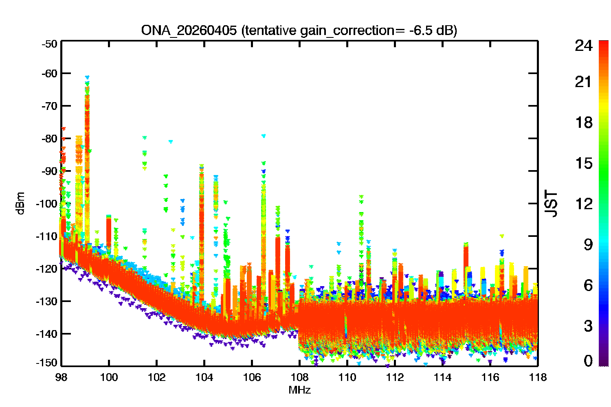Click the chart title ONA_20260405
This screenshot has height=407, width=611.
[x=189, y=31]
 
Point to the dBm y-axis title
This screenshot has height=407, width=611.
[x=20, y=203]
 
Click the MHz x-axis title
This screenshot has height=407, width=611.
[x=299, y=390]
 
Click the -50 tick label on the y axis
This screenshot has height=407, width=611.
[x=49, y=44]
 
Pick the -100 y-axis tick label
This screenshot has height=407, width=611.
[x=47, y=203]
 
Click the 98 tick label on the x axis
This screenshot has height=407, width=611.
[x=61, y=377]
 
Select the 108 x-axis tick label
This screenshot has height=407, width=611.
[x=299, y=377]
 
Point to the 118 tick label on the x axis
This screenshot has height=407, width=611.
[x=538, y=377]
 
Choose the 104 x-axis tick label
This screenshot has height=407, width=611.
[x=204, y=377]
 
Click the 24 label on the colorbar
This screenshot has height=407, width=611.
[x=583, y=46]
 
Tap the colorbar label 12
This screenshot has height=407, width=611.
[x=583, y=203]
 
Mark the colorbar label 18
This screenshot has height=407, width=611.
[x=583, y=123]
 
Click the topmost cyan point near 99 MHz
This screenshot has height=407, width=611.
[x=87, y=77]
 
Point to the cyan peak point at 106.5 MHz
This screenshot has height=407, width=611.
[x=264, y=136]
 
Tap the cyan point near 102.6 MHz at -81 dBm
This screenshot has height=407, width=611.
[x=171, y=142]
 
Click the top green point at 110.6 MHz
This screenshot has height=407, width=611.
[x=361, y=197]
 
